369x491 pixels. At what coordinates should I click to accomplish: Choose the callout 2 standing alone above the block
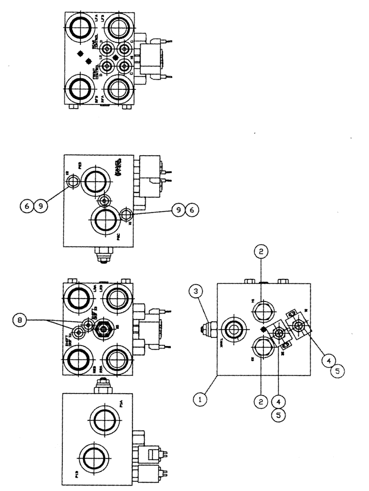click(x=262, y=251)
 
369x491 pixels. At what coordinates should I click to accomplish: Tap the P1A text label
click(x=121, y=404)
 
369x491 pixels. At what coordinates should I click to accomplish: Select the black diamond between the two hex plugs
click(x=264, y=330)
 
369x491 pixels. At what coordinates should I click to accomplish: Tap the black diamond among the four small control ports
click(x=114, y=57)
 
